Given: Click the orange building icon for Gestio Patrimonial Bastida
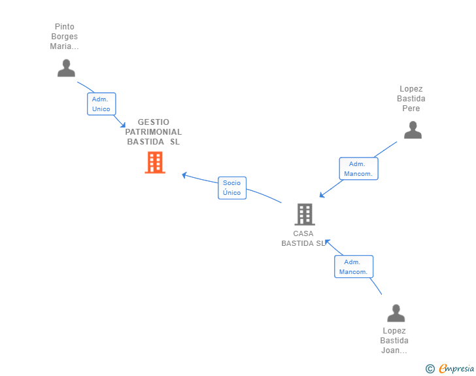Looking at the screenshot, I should pyautogui.click(x=155, y=162).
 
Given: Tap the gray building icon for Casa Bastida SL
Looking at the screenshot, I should pyautogui.click(x=304, y=214).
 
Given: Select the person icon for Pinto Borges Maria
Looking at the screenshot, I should pyautogui.click(x=66, y=68).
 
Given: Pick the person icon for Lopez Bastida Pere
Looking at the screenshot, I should pyautogui.click(x=413, y=130).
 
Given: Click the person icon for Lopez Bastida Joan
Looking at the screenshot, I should pyautogui.click(x=396, y=313).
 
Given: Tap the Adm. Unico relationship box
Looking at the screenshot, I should pyautogui.click(x=101, y=104).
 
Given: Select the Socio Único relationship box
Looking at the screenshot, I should pyautogui.click(x=231, y=188).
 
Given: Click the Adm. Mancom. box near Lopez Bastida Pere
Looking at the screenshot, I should pyautogui.click(x=358, y=169).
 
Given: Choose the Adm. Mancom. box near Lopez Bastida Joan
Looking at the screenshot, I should pyautogui.click(x=354, y=267).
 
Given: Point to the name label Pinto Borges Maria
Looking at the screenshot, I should pyautogui.click(x=64, y=37).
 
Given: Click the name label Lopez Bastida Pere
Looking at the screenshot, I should pyautogui.click(x=411, y=99).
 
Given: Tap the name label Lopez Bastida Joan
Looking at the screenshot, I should pyautogui.click(x=394, y=341).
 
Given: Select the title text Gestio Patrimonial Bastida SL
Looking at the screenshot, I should pyautogui.click(x=154, y=132).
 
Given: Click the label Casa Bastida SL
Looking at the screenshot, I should pyautogui.click(x=303, y=239).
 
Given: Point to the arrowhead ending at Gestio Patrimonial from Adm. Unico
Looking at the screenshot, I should pyautogui.click(x=122, y=124).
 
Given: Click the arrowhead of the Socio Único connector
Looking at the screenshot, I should pyautogui.click(x=184, y=175).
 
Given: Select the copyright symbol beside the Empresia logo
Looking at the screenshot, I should pyautogui.click(x=430, y=369).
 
